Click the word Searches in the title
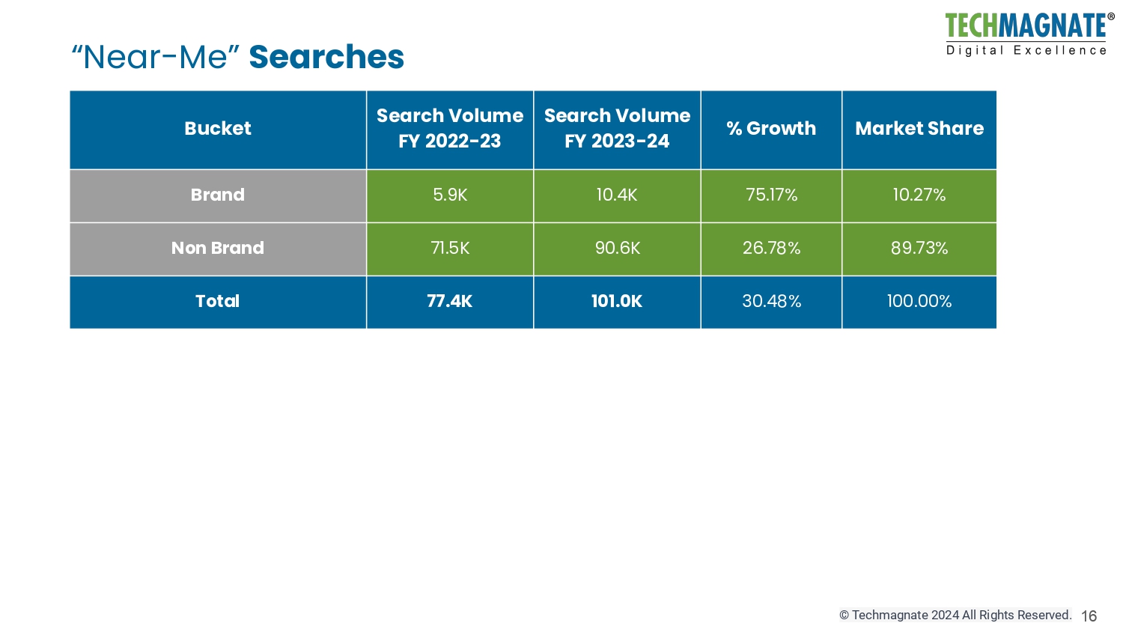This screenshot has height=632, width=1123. tap(326, 57)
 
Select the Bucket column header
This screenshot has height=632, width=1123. tap(218, 129)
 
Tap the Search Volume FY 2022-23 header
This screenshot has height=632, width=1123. tap(450, 129)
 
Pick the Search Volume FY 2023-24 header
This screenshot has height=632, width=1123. tap(617, 129)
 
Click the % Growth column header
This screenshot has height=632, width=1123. tap(771, 129)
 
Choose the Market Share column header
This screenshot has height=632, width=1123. tap(919, 129)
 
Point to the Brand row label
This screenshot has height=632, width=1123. tap(218, 195)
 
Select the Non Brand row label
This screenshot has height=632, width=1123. tap(218, 248)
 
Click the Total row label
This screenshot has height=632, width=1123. tap(218, 301)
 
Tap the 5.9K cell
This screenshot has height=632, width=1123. tap(450, 195)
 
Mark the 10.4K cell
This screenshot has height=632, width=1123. tap(617, 195)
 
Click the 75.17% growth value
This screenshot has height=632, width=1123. tap(771, 195)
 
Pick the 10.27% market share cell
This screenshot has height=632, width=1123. tap(919, 195)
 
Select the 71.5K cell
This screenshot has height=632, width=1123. tap(450, 248)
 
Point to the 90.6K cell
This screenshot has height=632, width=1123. tap(617, 248)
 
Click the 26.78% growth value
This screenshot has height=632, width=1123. tap(771, 248)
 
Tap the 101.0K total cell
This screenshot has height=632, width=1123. tap(617, 301)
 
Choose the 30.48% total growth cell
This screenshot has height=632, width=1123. tap(771, 301)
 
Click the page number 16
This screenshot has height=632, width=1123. tap(1089, 616)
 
